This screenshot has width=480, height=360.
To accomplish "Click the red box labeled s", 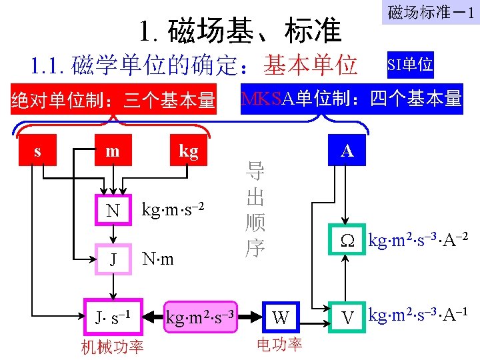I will pyautogui.click(x=37, y=151).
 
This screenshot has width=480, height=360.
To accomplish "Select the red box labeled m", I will pyautogui.click(x=113, y=151).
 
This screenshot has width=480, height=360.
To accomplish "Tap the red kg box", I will pyautogui.click(x=188, y=151).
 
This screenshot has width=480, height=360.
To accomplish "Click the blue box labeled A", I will pyautogui.click(x=347, y=151).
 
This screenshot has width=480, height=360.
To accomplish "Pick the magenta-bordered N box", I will pyautogui.click(x=113, y=210).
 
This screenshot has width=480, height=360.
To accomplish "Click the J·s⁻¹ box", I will pyautogui.click(x=113, y=315).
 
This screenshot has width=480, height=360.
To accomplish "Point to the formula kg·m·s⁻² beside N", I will pyautogui.click(x=171, y=209).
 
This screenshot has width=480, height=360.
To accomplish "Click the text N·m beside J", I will pyautogui.click(x=159, y=258).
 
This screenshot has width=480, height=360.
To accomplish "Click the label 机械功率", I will pyautogui.click(x=112, y=347).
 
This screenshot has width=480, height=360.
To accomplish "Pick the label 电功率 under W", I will pyautogui.click(x=280, y=344).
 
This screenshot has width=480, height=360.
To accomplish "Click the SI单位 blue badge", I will pyautogui.click(x=410, y=65).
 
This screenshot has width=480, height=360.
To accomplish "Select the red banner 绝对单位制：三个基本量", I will pyautogui.click(x=113, y=101).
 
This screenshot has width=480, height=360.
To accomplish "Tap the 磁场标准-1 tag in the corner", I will pyautogui.click(x=431, y=13).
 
